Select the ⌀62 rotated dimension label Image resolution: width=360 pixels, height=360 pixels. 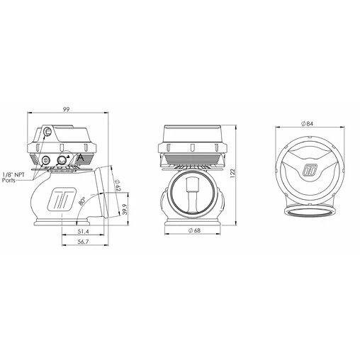pyautogui.click(x=116, y=186)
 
